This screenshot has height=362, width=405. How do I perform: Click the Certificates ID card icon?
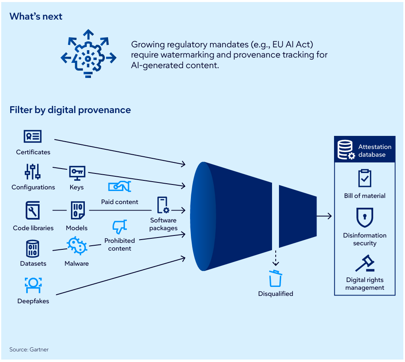point(33,137)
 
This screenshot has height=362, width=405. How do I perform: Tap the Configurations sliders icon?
point(33,172)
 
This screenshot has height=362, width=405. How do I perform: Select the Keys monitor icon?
point(77,173)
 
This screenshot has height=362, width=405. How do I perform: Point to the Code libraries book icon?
point(33,210)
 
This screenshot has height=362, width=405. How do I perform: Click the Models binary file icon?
point(77,210)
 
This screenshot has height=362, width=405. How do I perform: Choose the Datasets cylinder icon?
point(33,248)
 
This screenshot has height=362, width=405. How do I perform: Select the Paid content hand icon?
point(119,187)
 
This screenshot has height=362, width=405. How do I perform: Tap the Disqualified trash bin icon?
point(275,278)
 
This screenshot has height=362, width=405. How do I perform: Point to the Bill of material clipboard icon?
point(365,178)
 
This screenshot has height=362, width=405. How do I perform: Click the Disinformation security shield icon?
point(365,217)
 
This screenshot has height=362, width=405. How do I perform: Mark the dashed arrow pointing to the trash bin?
point(276,258)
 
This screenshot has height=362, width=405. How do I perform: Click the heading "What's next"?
point(36,16)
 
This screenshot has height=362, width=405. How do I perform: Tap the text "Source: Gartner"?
point(29,349)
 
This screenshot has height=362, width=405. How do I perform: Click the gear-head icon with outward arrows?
point(87,53)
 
